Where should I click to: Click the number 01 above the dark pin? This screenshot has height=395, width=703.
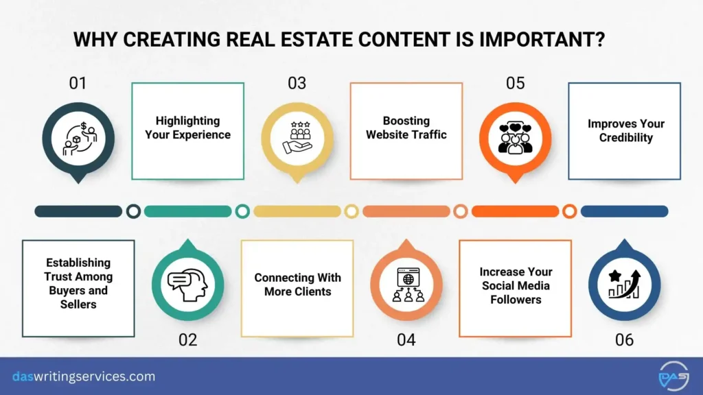(78, 84)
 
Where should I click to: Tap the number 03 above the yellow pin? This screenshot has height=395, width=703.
(297, 84)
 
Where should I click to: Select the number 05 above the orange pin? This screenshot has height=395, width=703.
(515, 84)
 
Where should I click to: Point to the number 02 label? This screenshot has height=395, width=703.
(187, 339)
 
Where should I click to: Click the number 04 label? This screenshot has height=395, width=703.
(406, 339)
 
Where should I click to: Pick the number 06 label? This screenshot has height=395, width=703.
(624, 339)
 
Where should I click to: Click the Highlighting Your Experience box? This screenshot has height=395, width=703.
(187, 131)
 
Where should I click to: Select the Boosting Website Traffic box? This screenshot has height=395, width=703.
(406, 131)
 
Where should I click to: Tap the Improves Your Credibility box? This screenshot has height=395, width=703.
(625, 131)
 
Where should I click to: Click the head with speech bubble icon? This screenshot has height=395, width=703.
(187, 283)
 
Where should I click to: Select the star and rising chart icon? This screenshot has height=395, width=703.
(624, 283)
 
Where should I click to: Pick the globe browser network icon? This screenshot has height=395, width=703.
(406, 283)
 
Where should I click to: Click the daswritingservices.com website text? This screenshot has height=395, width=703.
(84, 376)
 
